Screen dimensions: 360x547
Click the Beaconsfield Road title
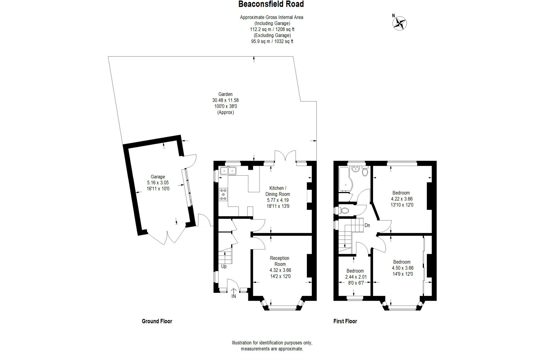(271, 4)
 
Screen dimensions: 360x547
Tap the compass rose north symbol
(400, 23)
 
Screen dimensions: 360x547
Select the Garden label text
(225, 94)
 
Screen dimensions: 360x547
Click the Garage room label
(158, 177)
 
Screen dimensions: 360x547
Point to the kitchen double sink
(228, 171)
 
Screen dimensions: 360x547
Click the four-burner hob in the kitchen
(223, 194)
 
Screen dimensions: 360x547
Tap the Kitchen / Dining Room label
(278, 191)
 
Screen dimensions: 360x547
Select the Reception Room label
(280, 261)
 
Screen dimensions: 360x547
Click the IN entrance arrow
(234, 293)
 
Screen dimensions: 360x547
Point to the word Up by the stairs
(224, 266)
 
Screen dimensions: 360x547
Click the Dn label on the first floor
(367, 225)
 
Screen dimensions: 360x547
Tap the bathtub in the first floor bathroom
(345, 179)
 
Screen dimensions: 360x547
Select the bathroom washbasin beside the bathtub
(356, 169)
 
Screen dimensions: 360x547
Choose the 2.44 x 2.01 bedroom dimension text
(356, 277)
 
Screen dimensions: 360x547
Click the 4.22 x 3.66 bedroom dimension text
(402, 199)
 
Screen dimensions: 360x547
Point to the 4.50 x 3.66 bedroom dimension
(403, 268)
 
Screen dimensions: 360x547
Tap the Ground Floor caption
(157, 321)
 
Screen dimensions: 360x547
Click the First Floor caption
(345, 321)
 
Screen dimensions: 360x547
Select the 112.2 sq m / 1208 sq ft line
(272, 29)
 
